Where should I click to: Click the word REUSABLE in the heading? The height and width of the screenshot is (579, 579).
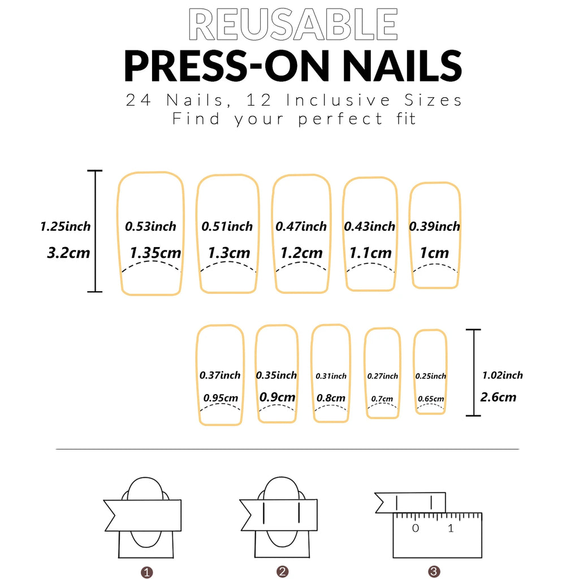(293, 24)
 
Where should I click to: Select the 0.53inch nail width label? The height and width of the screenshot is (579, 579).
(150, 227)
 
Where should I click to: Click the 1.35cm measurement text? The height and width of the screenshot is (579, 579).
(155, 252)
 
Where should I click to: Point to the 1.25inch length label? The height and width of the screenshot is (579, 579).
(65, 227)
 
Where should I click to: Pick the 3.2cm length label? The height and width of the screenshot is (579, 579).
(68, 252)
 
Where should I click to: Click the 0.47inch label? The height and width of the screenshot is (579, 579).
(301, 227)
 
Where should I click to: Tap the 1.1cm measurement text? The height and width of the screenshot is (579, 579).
(370, 253)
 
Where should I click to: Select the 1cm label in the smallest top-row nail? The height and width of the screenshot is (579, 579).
(434, 253)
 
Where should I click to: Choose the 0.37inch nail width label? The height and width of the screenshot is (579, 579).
(220, 375)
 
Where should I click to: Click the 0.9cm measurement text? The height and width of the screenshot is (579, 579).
(277, 397)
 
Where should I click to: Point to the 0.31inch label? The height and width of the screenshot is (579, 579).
(331, 376)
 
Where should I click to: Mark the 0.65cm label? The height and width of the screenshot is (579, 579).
(431, 399)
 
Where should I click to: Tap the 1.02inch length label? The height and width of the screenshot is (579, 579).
(502, 375)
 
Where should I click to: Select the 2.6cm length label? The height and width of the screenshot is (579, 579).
(498, 397)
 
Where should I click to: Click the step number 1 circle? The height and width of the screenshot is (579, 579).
(147, 572)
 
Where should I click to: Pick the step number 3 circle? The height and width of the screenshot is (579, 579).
(434, 572)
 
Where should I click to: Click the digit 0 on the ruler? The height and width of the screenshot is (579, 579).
(416, 529)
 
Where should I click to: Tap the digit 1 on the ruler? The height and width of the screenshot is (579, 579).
(451, 529)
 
